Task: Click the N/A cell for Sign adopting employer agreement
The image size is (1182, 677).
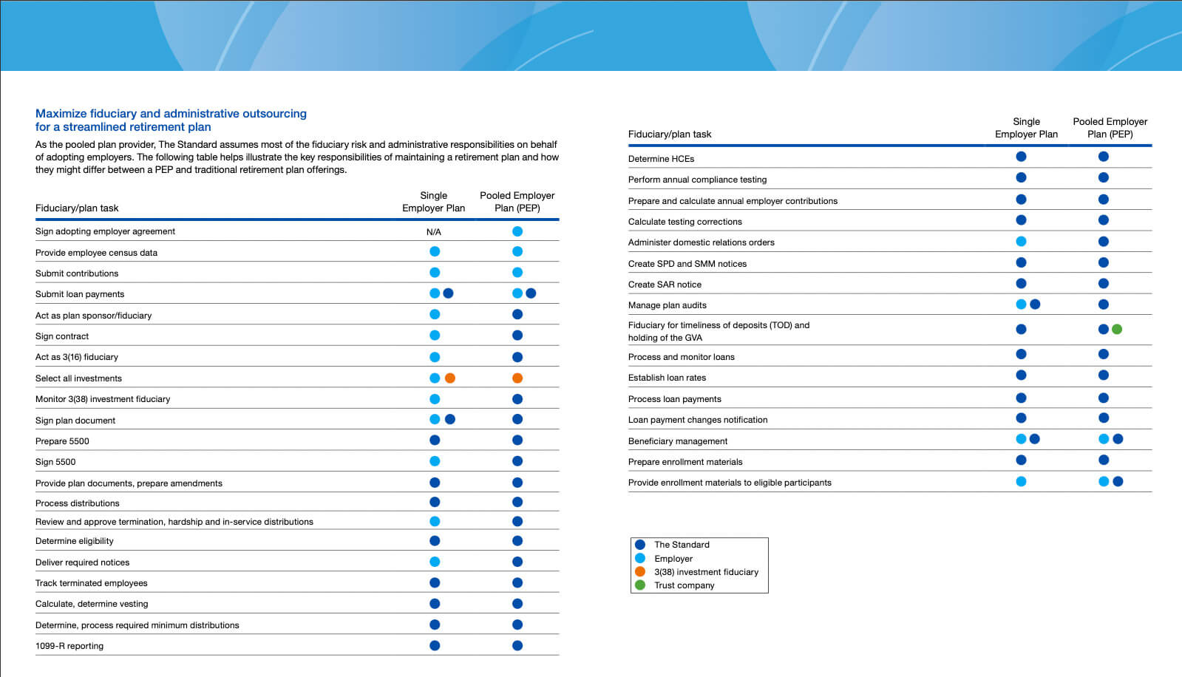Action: [433, 232]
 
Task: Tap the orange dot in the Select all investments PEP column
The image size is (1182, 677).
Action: [517, 378]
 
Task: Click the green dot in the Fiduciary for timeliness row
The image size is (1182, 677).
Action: [1117, 330]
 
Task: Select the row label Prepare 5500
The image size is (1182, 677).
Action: [62, 441]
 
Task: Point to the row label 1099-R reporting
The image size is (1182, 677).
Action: [69, 646]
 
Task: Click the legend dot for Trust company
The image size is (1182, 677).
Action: [640, 585]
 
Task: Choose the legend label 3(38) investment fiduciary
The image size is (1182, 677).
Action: [706, 572]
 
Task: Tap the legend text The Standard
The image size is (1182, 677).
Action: [682, 545]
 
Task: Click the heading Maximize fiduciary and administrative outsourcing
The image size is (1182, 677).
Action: [171, 114]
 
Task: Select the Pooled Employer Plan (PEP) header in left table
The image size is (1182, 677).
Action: [517, 202]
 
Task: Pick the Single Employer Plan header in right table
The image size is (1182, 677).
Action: [1026, 128]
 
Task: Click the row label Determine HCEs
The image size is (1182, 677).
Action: [661, 159]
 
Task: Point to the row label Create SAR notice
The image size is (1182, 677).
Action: [665, 285]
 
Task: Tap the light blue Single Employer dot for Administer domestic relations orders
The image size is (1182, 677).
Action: [1021, 242]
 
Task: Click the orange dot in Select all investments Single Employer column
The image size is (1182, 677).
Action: [450, 378]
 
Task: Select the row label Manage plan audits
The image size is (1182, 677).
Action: [667, 305]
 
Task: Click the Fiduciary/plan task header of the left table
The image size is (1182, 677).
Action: [77, 208]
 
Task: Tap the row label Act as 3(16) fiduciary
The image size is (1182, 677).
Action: [77, 357]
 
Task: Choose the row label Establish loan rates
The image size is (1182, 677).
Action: [667, 378]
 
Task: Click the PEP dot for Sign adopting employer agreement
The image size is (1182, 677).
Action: [517, 232]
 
